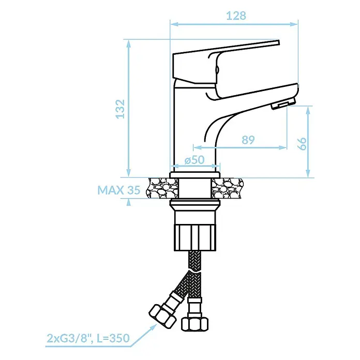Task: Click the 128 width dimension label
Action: point(236,16)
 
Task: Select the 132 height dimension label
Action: point(120,109)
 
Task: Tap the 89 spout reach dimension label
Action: point(248,140)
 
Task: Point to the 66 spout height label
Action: point(303,144)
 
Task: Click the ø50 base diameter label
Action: point(194,160)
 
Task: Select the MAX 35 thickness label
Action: point(118,190)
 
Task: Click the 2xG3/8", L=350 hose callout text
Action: point(88,338)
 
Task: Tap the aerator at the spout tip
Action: point(283,103)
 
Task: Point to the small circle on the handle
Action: point(217,69)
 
